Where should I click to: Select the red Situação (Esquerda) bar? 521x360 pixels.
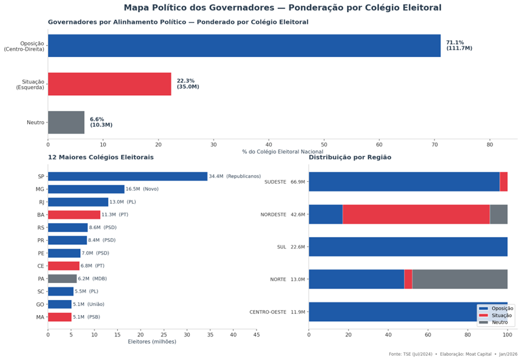pos(109,84)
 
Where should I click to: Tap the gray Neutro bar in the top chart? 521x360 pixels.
pos(66,122)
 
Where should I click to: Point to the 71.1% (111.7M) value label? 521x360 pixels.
pos(459,45)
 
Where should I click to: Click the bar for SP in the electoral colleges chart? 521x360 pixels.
pos(127,176)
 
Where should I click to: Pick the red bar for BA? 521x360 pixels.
pos(74,215)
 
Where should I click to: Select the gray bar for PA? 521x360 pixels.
pos(62,279)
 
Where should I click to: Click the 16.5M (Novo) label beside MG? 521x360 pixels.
pos(142,189)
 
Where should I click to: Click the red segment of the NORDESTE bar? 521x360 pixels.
pos(416,215)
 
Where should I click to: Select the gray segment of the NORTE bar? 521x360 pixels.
pos(460,279)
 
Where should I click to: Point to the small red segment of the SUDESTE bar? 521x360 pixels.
pos(503,181)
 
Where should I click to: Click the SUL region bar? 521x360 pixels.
pos(408,247)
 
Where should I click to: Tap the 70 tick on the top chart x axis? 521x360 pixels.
pos(434,144)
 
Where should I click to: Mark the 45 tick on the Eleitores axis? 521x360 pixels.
pos(257,334)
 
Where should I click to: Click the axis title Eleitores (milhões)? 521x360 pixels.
pos(152,342)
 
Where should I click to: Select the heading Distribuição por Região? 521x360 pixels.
pos(350,158)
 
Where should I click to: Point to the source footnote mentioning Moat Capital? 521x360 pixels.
pos(453,354)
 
